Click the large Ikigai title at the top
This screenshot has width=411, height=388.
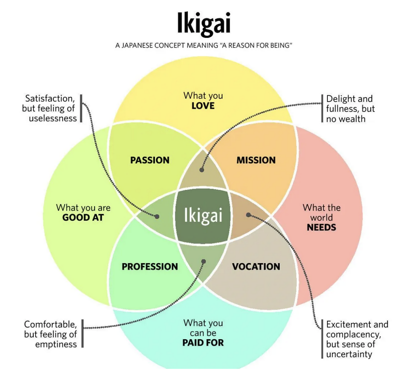pos(204,24)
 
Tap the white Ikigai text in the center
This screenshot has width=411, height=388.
pos(203,216)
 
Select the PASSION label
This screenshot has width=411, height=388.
pos(150,160)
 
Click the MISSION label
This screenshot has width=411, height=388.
pos(256,160)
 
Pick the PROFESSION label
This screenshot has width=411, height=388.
pos(150,267)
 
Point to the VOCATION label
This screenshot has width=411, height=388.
pos(256,267)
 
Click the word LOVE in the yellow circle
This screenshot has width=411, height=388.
pos(203,106)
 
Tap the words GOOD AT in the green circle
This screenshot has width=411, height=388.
pos(83,217)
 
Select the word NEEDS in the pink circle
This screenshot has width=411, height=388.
pos(321,227)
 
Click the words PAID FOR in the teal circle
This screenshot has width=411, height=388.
pos(203,343)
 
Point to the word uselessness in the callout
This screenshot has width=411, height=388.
pos(53,118)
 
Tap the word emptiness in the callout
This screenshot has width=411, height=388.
pos(56,344)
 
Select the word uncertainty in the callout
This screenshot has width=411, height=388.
pos(349,354)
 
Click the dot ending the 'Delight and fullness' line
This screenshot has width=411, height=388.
pos(202,170)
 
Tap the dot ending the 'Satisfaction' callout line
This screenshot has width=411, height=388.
pos(157,217)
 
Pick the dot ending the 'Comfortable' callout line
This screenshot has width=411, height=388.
pos(204,262)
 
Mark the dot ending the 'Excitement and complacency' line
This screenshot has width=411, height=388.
pos(248,215)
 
